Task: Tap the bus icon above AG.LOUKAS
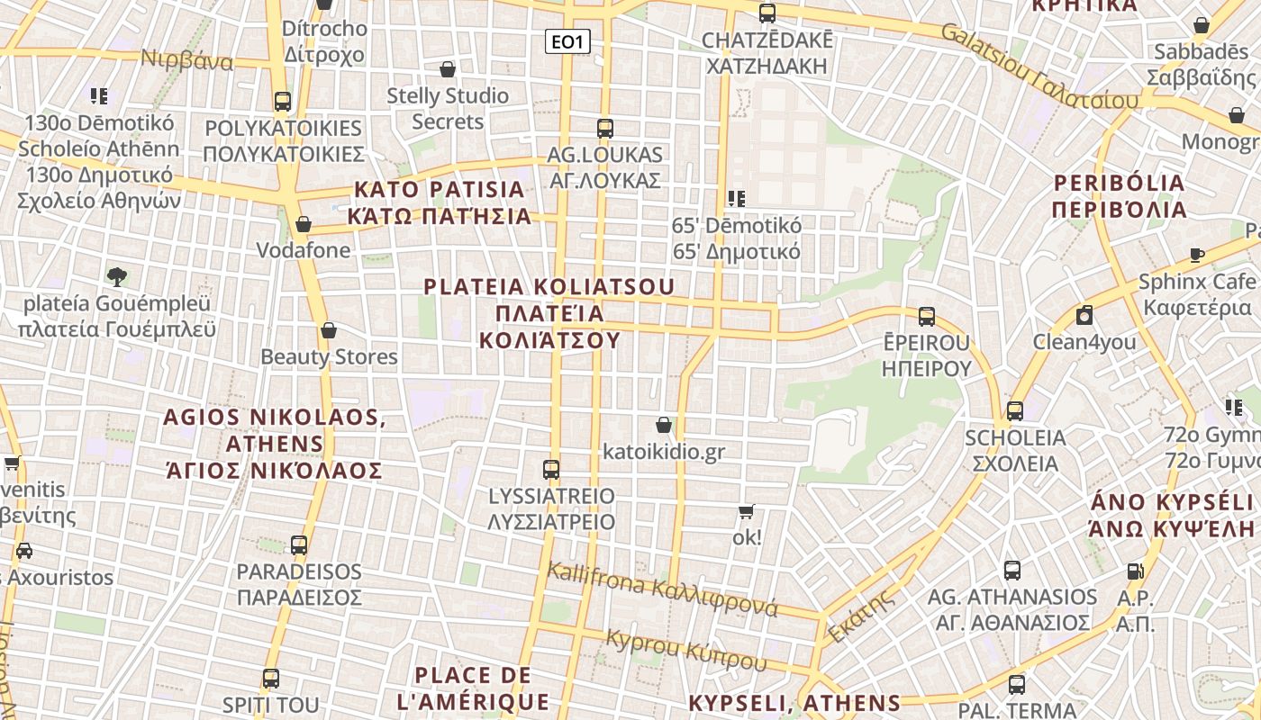[x=604, y=129]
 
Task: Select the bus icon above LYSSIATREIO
[x=551, y=469]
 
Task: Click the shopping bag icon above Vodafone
[x=304, y=223]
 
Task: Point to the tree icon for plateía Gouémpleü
[x=116, y=276]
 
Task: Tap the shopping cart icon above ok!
[x=746, y=511]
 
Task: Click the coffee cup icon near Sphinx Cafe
[x=1196, y=255]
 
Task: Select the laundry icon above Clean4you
[x=1084, y=315]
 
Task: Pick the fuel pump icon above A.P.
[x=1135, y=571]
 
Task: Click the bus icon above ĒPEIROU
[x=927, y=317]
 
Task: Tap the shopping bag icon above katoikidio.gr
[x=664, y=424]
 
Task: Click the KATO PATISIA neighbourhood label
[x=440, y=202]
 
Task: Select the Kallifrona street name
[x=662, y=589]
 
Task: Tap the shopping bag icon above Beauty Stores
[x=329, y=330]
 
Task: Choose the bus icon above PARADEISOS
[x=299, y=544]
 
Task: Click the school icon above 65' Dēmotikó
[x=737, y=198]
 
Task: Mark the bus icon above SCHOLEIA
[x=1015, y=411]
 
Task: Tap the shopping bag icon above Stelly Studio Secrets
[x=448, y=69]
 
